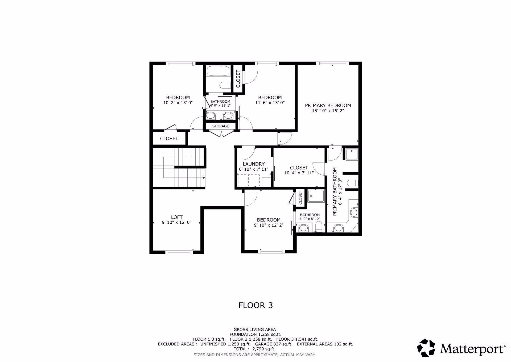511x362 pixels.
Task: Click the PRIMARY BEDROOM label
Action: (328, 106)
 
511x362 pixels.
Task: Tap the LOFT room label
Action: (177, 217)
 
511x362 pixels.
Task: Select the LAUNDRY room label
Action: (254, 164)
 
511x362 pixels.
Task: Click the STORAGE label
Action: (221, 126)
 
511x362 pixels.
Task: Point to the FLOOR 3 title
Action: (256, 305)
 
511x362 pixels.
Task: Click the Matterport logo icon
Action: (426, 348)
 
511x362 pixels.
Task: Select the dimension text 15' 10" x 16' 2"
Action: (328, 111)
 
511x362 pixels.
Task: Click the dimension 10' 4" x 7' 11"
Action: (299, 173)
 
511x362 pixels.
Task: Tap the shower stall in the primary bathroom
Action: (352, 154)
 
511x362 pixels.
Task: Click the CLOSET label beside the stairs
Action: (169, 139)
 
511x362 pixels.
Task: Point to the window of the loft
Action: (179, 252)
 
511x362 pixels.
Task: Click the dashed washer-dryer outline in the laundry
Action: (249, 180)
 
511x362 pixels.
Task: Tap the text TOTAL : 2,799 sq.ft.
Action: (254, 349)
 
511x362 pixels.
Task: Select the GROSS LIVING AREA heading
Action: (255, 330)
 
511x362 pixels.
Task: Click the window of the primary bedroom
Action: (332, 63)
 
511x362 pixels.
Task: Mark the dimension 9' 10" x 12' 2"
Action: (269, 225)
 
